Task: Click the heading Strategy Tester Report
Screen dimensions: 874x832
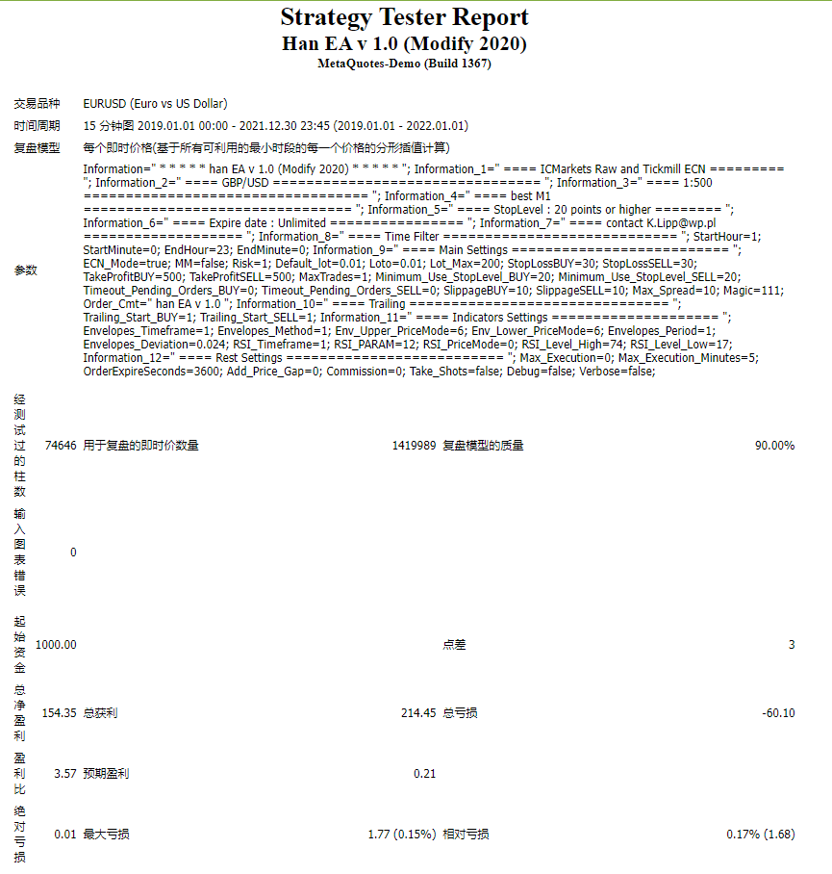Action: (x=404, y=17)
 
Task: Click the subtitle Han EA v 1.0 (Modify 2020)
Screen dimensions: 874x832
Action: (x=404, y=43)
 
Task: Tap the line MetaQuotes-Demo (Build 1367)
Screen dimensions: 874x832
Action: (x=404, y=64)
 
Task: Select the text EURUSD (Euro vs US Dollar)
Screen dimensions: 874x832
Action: (x=155, y=104)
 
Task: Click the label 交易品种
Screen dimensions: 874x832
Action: (x=37, y=104)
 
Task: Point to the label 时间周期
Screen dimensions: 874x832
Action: (x=37, y=126)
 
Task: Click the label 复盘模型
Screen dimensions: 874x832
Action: (x=37, y=148)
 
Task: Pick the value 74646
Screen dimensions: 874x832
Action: (x=61, y=446)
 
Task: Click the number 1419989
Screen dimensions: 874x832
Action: (x=414, y=446)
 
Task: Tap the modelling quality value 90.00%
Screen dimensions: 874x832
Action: (x=774, y=446)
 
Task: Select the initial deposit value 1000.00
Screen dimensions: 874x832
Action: (x=56, y=644)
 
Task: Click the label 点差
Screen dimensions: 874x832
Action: (x=454, y=644)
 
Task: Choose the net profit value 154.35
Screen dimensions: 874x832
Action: (x=59, y=713)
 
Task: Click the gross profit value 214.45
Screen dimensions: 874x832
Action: (x=418, y=713)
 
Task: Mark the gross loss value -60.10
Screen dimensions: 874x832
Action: (x=777, y=713)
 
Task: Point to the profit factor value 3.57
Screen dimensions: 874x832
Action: (x=65, y=773)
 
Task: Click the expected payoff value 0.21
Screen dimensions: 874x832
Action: (x=424, y=773)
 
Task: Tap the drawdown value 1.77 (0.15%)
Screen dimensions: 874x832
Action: (x=402, y=835)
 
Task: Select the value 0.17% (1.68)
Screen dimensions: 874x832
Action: (x=760, y=835)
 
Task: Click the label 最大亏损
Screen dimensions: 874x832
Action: (x=106, y=835)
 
